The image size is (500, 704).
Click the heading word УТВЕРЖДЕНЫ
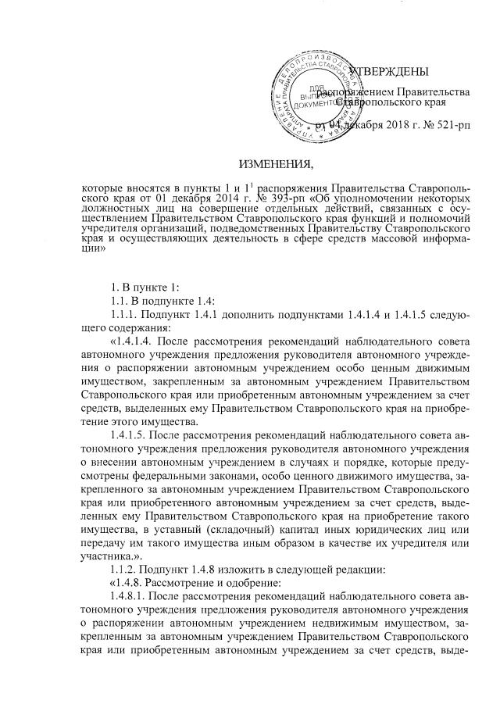(x=388, y=73)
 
